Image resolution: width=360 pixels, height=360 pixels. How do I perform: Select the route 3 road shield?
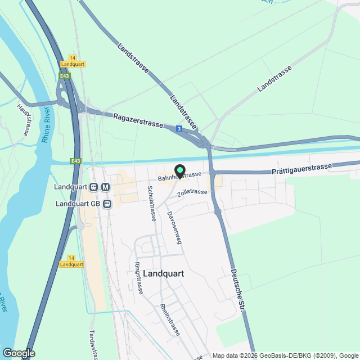[x=179, y=129]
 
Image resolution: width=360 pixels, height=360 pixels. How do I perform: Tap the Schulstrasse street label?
[x=151, y=203]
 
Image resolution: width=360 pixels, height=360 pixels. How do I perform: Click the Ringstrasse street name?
[x=138, y=278]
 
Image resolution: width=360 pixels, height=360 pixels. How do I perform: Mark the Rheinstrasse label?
[x=170, y=319]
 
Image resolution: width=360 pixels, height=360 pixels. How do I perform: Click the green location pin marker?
[x=180, y=170]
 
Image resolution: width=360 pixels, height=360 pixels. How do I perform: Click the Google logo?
[x=19, y=353]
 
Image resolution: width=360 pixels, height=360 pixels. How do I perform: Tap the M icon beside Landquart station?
[x=105, y=187]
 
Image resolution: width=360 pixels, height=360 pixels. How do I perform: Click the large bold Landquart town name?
[x=164, y=273]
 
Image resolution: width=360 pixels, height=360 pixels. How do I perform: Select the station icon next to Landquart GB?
[x=105, y=204]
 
